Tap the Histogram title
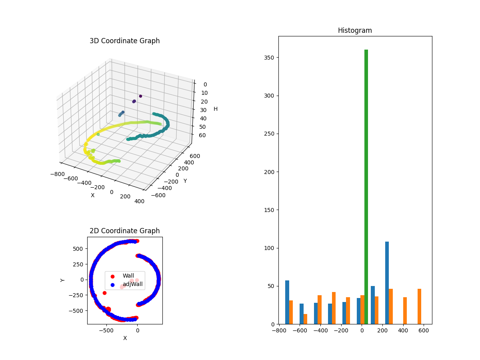click(355, 30)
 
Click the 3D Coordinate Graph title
click(124, 41)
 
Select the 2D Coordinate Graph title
click(124, 231)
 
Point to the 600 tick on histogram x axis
click(424, 331)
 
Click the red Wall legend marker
click(112, 276)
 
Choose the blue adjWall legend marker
click(112, 285)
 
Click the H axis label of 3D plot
click(216, 109)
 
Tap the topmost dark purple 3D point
click(140, 96)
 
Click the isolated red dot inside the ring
click(104, 293)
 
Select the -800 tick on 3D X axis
click(58, 174)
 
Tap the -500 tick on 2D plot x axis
click(106, 330)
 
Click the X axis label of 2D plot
click(125, 338)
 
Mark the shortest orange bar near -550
click(305, 319)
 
